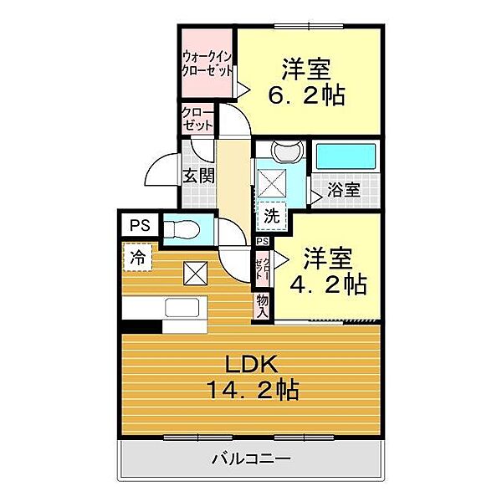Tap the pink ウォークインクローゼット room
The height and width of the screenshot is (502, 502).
tap(207, 64)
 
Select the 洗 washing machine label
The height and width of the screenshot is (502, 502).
tap(271, 215)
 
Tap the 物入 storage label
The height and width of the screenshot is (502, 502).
tap(262, 305)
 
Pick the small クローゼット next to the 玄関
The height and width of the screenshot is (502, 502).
tap(197, 120)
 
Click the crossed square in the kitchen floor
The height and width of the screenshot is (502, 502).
tap(194, 272)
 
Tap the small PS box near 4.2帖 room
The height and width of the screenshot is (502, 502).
tap(262, 242)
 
